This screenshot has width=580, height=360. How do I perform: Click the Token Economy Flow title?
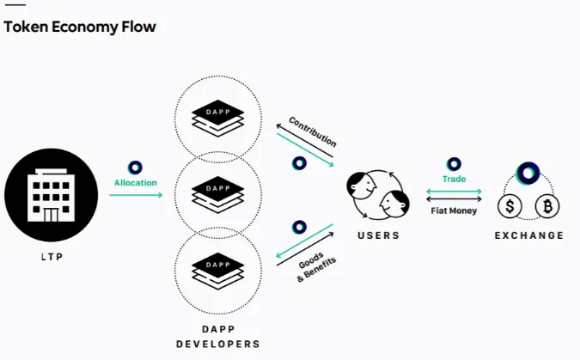point(80,27)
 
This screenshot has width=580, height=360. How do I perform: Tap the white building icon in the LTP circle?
point(51,195)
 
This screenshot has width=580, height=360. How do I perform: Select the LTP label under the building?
point(52,257)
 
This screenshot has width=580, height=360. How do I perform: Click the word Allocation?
point(136,183)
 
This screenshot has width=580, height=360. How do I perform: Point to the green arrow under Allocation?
point(136,195)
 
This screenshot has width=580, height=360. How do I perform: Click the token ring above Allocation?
point(135,168)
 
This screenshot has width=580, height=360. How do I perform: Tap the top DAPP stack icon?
point(218,119)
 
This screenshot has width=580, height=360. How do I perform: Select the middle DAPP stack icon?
point(218,195)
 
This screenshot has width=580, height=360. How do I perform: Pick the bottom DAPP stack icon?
point(218,271)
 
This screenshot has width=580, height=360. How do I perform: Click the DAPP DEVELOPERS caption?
point(218,337)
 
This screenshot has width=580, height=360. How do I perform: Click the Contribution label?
point(313,131)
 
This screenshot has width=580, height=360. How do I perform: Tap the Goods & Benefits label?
point(315,267)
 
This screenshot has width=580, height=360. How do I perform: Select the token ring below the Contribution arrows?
point(299,163)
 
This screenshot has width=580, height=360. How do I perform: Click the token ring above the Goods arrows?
point(299,227)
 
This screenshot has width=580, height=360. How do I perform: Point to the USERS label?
point(378,235)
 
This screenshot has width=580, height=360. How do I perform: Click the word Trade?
point(454,179)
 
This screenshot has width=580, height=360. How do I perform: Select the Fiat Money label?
point(454,211)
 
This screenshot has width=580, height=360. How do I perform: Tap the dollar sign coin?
point(510,206)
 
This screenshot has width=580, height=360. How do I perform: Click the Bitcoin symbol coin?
point(547,206)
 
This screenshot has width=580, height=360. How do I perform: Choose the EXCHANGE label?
point(529,235)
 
